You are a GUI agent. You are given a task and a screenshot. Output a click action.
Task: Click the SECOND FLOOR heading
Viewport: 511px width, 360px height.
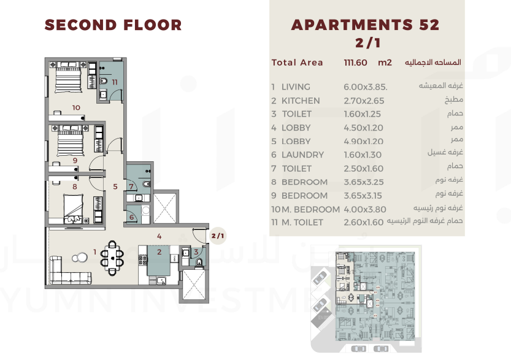pos(113,25)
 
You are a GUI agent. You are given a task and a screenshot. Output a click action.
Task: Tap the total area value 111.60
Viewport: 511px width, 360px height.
pos(355,63)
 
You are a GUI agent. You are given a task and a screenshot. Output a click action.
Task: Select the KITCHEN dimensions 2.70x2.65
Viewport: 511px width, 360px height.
pos(364,101)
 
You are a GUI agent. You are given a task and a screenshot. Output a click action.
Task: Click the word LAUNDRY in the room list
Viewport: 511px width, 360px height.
pos(303,155)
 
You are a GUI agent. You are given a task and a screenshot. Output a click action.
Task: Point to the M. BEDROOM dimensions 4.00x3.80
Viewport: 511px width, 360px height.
pos(364,209)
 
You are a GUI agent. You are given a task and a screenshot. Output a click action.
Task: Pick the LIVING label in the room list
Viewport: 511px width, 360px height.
pos(296,87)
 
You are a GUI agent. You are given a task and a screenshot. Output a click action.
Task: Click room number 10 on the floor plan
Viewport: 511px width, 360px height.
pos(76,107)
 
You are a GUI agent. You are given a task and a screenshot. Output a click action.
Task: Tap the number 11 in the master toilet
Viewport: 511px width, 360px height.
pos(114,82)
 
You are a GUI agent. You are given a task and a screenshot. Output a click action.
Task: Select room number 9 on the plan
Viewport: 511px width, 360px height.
pos(75,160)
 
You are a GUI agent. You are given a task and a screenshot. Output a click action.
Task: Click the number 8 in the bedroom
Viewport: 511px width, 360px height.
pos(75,186)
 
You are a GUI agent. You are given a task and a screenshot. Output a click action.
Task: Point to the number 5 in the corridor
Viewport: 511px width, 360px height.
pos(115,186)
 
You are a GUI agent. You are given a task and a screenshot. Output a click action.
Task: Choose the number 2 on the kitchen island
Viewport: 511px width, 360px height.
pos(159,252)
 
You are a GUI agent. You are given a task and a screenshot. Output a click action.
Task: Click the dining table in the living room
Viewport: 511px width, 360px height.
pos(112,258)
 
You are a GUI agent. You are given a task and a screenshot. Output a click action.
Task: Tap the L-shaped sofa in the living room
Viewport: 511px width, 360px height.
pos(70,270)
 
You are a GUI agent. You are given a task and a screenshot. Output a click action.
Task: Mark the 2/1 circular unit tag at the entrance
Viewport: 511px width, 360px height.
pos(218,236)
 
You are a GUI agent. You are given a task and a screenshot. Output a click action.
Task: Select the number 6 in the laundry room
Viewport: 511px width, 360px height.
pos(132,217)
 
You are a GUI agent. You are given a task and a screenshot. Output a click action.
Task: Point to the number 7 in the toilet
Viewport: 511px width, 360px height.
pos(131,186)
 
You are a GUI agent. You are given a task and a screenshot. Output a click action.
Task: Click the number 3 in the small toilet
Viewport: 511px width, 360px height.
pos(196,252)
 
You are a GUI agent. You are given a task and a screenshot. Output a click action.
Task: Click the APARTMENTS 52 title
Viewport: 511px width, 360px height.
pos(366,25)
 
